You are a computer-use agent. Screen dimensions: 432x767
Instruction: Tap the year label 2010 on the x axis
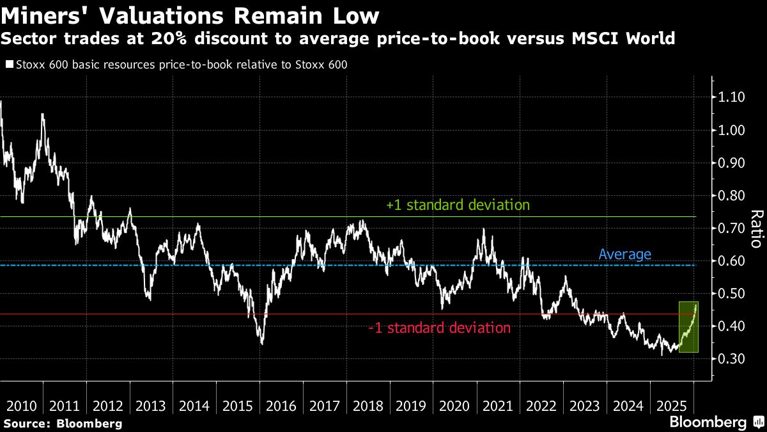tap(20, 406)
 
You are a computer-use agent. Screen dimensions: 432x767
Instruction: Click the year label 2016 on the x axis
tap(281, 406)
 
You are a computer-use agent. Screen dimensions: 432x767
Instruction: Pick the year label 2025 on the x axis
tap(671, 406)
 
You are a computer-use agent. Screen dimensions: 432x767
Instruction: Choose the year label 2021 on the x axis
tap(498, 406)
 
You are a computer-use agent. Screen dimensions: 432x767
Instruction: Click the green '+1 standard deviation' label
tap(458, 205)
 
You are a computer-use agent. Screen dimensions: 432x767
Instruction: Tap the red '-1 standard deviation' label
tap(439, 328)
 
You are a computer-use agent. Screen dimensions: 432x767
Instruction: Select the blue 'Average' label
tap(624, 254)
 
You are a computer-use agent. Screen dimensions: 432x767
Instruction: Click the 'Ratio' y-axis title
tap(756, 228)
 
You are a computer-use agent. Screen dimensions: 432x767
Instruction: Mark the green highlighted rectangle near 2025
tap(688, 326)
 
